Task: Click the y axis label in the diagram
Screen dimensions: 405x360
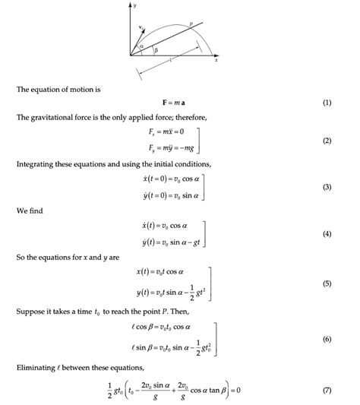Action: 135,5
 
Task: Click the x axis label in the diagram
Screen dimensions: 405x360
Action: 216,61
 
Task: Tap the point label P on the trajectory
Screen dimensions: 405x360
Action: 191,24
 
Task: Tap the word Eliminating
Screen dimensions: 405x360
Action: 36,367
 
